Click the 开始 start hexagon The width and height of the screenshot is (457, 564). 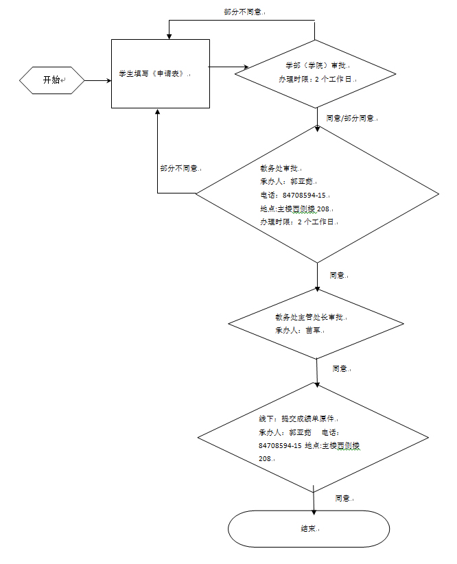point(52,80)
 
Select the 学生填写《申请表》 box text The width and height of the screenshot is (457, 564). point(153,74)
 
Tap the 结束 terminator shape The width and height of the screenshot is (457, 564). point(308,529)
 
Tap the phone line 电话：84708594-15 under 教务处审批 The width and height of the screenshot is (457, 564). point(292,195)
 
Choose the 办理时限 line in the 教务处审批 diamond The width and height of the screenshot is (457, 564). point(298,222)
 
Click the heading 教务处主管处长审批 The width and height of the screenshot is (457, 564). point(311,317)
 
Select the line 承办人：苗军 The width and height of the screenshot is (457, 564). point(299,330)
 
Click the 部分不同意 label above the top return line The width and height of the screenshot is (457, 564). point(244,12)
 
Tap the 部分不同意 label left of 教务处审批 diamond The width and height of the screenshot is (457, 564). point(180,168)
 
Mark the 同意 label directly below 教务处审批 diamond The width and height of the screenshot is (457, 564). point(338,275)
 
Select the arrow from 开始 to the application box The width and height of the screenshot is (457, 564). point(97,80)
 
